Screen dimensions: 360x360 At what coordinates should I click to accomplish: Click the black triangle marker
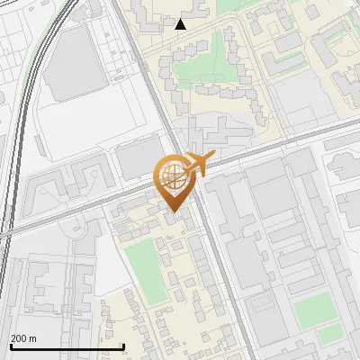pos(181,24)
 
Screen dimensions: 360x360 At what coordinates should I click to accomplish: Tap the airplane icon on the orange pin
pos(197,166)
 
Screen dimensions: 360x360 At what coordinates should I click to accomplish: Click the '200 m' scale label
pos(23,338)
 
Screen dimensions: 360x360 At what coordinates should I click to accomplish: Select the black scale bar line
pos(67,346)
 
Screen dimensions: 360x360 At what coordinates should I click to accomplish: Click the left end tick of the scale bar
pos(11,346)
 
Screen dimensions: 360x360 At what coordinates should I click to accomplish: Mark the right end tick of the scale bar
pos(123,346)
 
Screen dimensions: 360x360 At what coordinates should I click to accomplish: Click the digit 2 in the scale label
pos(13,338)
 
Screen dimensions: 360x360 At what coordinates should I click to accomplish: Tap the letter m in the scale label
pos(32,339)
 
